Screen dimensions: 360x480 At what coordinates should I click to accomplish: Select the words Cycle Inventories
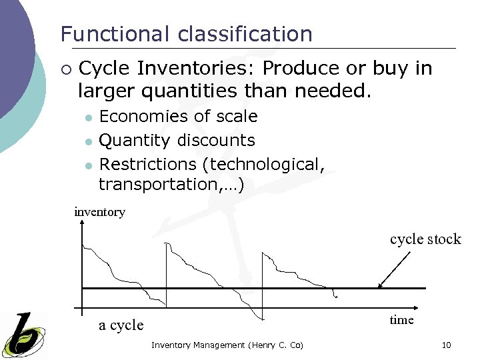click(167, 68)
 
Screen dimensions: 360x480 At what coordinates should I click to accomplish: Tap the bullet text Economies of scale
click(178, 116)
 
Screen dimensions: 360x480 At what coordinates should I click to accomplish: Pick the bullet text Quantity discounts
click(177, 140)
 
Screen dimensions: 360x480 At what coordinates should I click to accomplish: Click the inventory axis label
click(99, 212)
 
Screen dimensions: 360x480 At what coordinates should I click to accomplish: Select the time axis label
click(401, 320)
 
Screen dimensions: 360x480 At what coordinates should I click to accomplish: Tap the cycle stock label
click(425, 239)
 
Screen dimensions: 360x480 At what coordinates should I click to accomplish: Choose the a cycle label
click(121, 325)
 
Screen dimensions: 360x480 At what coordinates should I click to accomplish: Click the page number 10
click(446, 345)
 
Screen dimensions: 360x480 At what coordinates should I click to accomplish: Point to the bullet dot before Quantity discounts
click(88, 141)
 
